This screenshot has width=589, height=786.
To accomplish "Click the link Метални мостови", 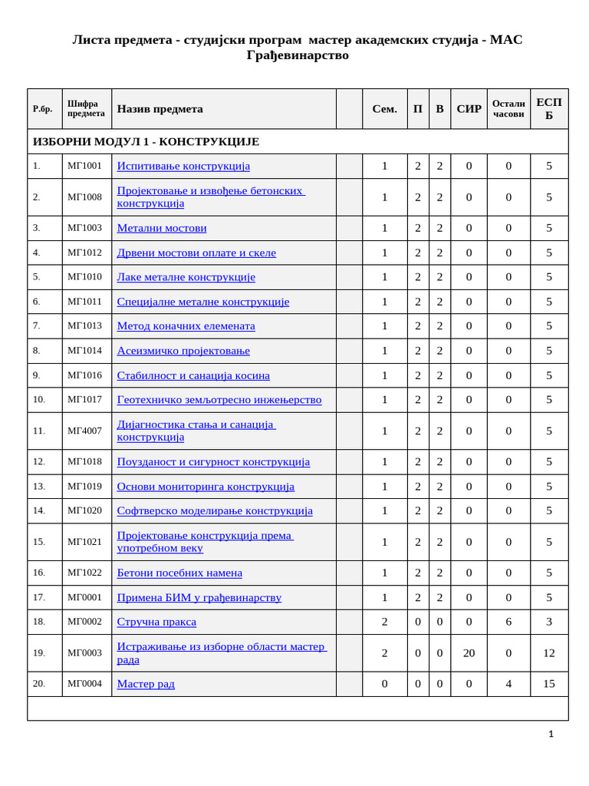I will coord(161,228).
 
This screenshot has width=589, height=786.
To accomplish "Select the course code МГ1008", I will coord(84,197).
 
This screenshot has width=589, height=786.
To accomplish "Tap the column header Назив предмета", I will coord(160,109).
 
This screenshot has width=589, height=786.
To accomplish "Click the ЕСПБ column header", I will coord(548,109).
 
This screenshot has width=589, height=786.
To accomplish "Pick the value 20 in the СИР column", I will coord(469,653).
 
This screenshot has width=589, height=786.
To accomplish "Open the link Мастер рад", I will coord(146,684).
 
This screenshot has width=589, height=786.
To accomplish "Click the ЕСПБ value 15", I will coord(548,684).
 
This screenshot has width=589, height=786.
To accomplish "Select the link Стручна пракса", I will coord(156,622).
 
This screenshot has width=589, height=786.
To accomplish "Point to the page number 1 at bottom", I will coord(551,735).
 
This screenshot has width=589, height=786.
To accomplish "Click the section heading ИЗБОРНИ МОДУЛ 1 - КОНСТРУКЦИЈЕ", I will coord(146,142).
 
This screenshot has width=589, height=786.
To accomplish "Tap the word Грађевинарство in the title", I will coord(298,55).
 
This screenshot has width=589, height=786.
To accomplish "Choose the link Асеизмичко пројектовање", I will coord(183,351).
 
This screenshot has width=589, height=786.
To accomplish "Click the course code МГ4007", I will coord(84,431).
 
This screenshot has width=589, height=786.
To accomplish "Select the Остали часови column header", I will coord(508,109).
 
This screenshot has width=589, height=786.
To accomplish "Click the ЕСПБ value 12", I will coord(548,653).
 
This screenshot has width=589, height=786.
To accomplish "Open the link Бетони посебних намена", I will coord(179,573).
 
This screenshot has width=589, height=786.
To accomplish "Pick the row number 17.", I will coord(39,597).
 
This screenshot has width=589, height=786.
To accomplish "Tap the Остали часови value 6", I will coord(508,622).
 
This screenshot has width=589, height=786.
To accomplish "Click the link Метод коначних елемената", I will coord(186,326).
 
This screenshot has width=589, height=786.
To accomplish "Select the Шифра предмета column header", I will coord(86,109).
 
